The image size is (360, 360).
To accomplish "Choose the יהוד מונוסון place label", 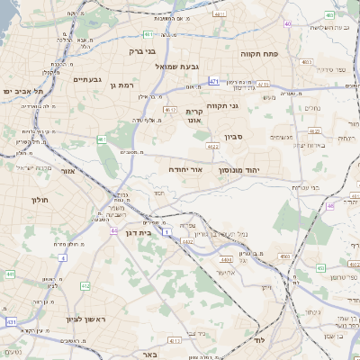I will [x=238, y=168].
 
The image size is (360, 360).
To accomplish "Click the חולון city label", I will [x=39, y=200].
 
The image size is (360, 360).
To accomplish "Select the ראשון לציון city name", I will [x=86, y=319].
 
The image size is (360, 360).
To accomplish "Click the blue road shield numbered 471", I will [x=212, y=81].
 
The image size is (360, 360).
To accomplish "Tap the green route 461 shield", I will [x=102, y=140].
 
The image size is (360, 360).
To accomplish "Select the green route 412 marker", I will [x=85, y=286].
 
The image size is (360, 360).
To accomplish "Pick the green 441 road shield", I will [x=9, y=274].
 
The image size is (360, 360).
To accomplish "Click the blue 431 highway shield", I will [x=12, y=321].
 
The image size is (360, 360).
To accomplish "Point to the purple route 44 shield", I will [x=114, y=231].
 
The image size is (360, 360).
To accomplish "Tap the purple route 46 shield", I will [x=330, y=206].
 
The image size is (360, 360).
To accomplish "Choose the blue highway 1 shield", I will [x=166, y=231].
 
